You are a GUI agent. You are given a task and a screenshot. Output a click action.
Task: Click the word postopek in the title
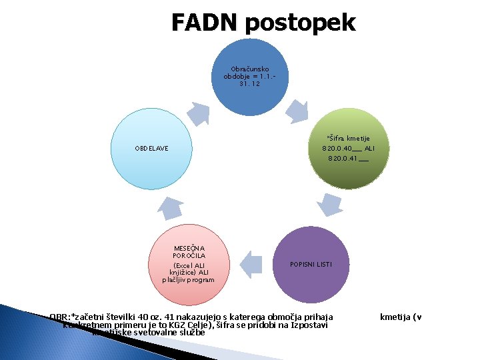pyautogui.click(x=300, y=24)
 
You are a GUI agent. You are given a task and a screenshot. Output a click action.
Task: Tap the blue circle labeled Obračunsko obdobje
pyautogui.click(x=250, y=77)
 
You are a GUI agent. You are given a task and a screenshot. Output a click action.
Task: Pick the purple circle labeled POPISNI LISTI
pyautogui.click(x=311, y=265)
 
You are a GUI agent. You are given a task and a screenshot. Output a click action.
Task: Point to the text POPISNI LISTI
pyautogui.click(x=311, y=265)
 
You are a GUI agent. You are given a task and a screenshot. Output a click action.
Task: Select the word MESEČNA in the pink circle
pyautogui.click(x=189, y=247)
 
